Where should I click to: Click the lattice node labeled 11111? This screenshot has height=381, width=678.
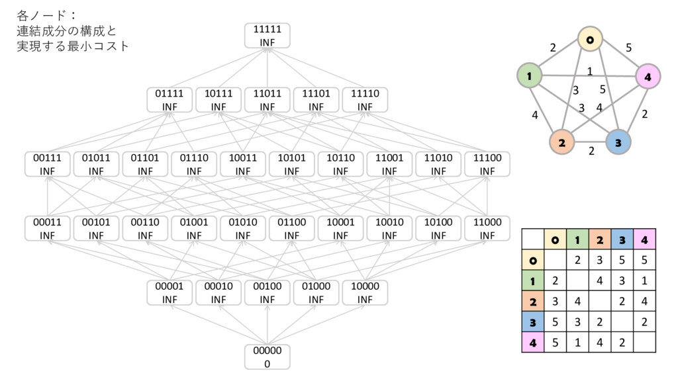(x=267, y=36)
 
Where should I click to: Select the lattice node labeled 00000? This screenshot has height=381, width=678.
(x=267, y=357)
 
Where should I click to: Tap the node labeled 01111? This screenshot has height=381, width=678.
(x=169, y=100)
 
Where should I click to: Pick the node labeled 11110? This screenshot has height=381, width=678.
(x=365, y=100)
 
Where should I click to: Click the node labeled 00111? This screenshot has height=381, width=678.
(x=48, y=164)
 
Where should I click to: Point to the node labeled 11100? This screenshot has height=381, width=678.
(x=487, y=164)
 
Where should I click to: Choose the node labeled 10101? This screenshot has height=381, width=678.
(x=291, y=164)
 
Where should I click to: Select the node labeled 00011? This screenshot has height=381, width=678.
(x=48, y=228)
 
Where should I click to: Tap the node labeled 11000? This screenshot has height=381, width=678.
(x=487, y=228)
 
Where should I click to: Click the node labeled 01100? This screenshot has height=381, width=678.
(x=291, y=228)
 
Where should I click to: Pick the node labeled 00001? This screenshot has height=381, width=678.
(x=169, y=293)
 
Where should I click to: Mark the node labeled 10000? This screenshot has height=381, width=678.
(x=365, y=293)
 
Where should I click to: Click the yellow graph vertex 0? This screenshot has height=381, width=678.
(x=589, y=40)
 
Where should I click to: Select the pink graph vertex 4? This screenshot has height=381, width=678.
(x=647, y=77)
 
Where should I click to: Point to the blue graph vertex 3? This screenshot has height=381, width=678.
(x=617, y=142)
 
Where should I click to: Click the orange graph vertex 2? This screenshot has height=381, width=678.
(x=561, y=142)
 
